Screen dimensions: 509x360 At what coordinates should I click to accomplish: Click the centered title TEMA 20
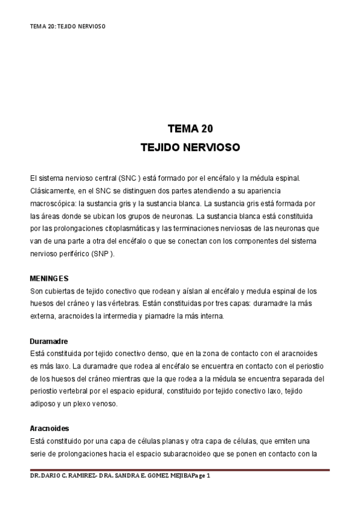pos(190,129)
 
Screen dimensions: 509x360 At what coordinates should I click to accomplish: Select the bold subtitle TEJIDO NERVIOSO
pos(190,146)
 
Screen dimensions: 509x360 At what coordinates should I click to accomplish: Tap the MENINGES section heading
pos(49,279)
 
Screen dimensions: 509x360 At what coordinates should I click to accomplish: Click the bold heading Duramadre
pos(49,341)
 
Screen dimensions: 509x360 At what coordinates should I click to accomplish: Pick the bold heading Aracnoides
pos(49,429)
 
